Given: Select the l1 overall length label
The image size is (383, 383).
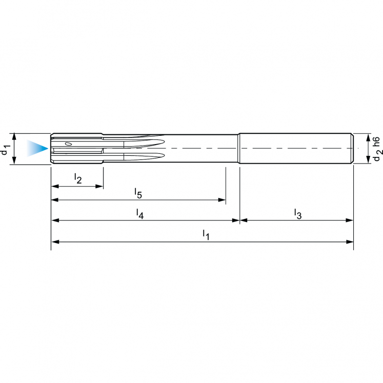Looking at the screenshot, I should coord(206,235).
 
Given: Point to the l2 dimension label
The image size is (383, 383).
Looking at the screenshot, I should coord(78,178).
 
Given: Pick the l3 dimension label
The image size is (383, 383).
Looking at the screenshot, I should coord(297,213).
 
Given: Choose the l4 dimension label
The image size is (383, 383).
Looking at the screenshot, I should coord(139,213).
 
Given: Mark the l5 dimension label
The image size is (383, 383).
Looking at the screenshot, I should coord(138,193).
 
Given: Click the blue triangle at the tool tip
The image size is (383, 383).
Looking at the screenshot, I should coord(37,149).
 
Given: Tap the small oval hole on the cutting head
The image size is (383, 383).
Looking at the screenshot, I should coord(68,145).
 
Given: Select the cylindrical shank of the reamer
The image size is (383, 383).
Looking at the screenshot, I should coord(296,149).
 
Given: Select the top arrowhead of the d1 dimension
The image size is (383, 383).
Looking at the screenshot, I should coord(15,136).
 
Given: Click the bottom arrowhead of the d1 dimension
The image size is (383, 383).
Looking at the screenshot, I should coord(15,162).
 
